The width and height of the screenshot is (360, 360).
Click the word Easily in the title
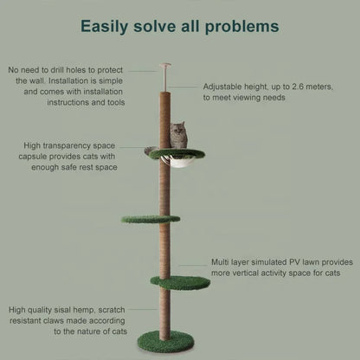click(104, 27)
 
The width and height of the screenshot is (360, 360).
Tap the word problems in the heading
click(241, 26)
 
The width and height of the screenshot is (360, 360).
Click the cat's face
click(177, 129)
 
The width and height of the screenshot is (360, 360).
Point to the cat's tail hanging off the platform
click(150, 150)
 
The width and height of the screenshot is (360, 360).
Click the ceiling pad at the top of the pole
click(164, 66)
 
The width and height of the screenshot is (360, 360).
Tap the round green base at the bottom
click(165, 341)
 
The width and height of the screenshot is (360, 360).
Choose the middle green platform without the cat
click(151, 219)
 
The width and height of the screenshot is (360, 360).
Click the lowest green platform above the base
click(180, 283)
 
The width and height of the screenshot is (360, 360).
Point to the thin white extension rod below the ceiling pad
click(164, 80)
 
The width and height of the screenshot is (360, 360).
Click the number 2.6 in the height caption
click(299, 87)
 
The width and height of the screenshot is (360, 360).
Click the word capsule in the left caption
click(33, 157)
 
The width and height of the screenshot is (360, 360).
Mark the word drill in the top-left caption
click(57, 70)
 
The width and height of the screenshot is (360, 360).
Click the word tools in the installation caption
click(116, 102)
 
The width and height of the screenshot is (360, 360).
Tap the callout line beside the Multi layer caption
click(193, 266)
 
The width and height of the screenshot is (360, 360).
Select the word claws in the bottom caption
click(55, 321)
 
